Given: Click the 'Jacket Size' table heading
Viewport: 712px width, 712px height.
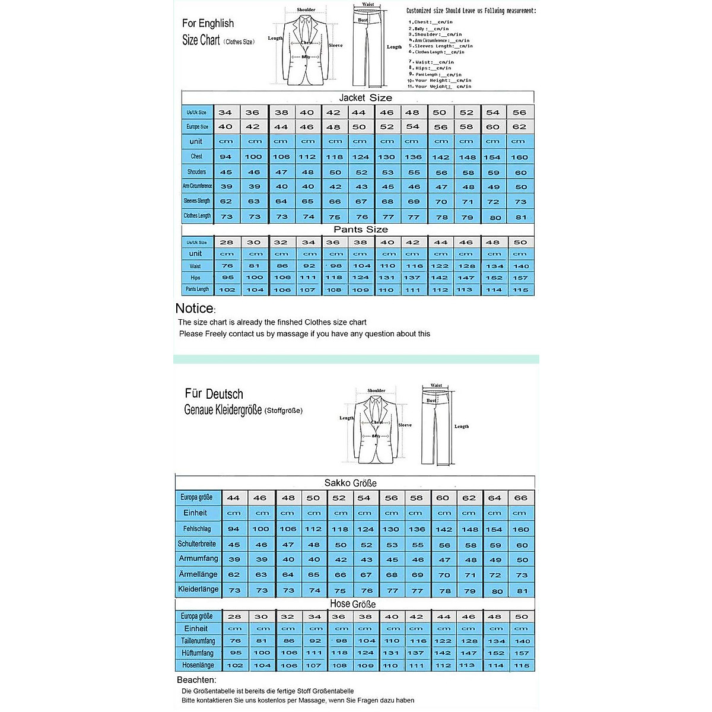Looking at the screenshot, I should pyautogui.click(x=365, y=98).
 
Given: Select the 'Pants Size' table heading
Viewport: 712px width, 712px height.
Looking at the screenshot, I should pyautogui.click(x=360, y=230).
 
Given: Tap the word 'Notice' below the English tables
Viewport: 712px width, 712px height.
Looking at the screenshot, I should pyautogui.click(x=195, y=309).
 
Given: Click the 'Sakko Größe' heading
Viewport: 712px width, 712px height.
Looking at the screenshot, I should pyautogui.click(x=350, y=483).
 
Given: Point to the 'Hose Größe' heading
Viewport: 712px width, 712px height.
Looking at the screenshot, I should pyautogui.click(x=352, y=604).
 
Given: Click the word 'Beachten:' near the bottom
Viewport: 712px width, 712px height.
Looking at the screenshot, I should pyautogui.click(x=196, y=680).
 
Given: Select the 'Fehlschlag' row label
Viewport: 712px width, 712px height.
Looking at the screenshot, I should pyautogui.click(x=197, y=529).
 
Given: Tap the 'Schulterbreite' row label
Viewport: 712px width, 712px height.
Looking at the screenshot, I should pyautogui.click(x=197, y=544).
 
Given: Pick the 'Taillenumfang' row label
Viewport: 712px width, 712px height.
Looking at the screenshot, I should pyautogui.click(x=198, y=641).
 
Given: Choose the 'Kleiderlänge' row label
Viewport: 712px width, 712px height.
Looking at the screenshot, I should pyautogui.click(x=198, y=589).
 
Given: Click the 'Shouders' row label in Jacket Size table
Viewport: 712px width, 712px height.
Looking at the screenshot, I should pyautogui.click(x=196, y=172).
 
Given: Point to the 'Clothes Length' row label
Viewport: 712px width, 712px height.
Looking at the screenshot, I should pyautogui.click(x=197, y=216).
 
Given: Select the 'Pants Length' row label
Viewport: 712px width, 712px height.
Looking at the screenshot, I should pyautogui.click(x=197, y=290).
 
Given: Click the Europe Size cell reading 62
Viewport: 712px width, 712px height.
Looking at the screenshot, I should pyautogui.click(x=519, y=127).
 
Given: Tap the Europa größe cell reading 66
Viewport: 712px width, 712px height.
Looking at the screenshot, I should pyautogui.click(x=520, y=498).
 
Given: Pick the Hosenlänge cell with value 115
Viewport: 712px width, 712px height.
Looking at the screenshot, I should pyautogui.click(x=522, y=666).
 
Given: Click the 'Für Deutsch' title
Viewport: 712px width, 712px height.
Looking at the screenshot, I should pyautogui.click(x=214, y=394).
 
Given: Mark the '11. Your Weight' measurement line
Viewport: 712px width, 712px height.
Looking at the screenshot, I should pyautogui.click(x=440, y=87).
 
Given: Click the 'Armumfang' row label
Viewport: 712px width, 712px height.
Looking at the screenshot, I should pyautogui.click(x=198, y=559).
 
